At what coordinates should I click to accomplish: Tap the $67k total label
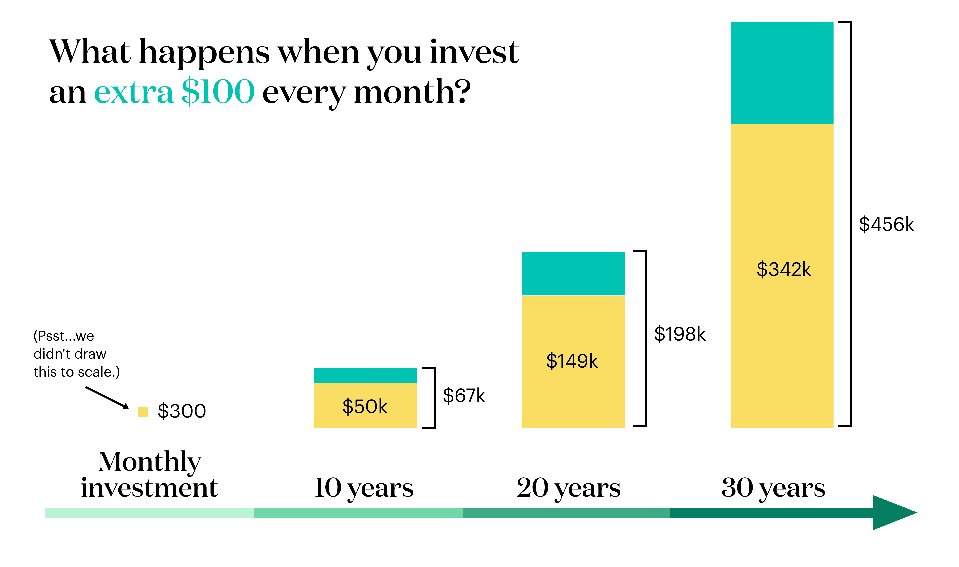(x=464, y=395)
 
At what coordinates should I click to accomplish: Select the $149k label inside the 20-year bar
(x=572, y=361)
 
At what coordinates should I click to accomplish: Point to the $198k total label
(x=680, y=334)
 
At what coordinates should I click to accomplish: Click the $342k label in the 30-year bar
(x=783, y=269)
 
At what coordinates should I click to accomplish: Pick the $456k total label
(x=886, y=224)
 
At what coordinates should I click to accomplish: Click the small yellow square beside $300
(x=143, y=411)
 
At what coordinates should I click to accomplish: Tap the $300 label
(x=182, y=411)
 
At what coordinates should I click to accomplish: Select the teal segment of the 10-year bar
(x=365, y=375)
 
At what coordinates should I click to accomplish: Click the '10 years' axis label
(x=364, y=488)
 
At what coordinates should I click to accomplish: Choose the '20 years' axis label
(x=569, y=488)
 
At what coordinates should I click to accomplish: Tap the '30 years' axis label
(x=773, y=488)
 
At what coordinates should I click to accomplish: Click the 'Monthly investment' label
(x=149, y=475)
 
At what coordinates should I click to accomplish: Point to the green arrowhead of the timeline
(x=892, y=512)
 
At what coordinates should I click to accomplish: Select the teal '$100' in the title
(x=218, y=92)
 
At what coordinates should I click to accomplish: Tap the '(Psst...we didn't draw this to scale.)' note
(x=76, y=354)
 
